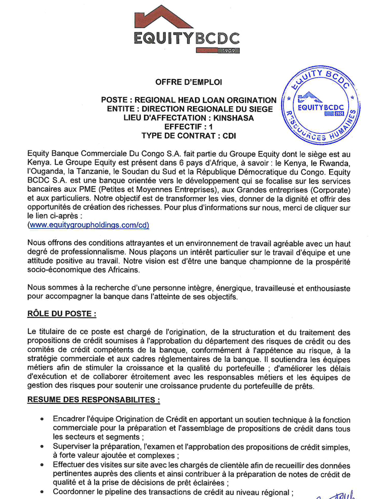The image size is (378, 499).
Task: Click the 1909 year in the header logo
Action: (230, 51)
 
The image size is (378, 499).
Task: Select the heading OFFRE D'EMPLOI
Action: (189, 82)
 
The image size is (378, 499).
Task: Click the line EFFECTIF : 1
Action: (189, 127)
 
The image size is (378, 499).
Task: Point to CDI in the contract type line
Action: (229, 136)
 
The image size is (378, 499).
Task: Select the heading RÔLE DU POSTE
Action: (61, 314)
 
